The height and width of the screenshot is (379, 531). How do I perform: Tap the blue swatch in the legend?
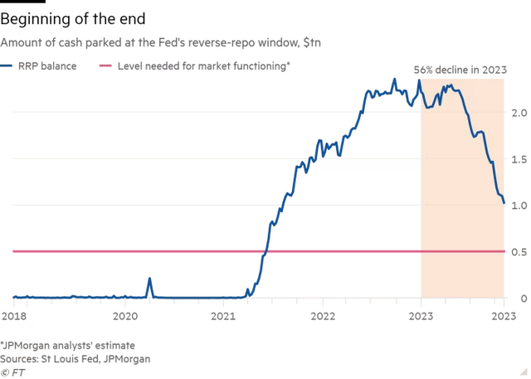[7, 66]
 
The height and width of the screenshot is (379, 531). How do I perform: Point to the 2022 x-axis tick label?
[322, 316]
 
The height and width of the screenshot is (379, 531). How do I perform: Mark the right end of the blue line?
[505, 202]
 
